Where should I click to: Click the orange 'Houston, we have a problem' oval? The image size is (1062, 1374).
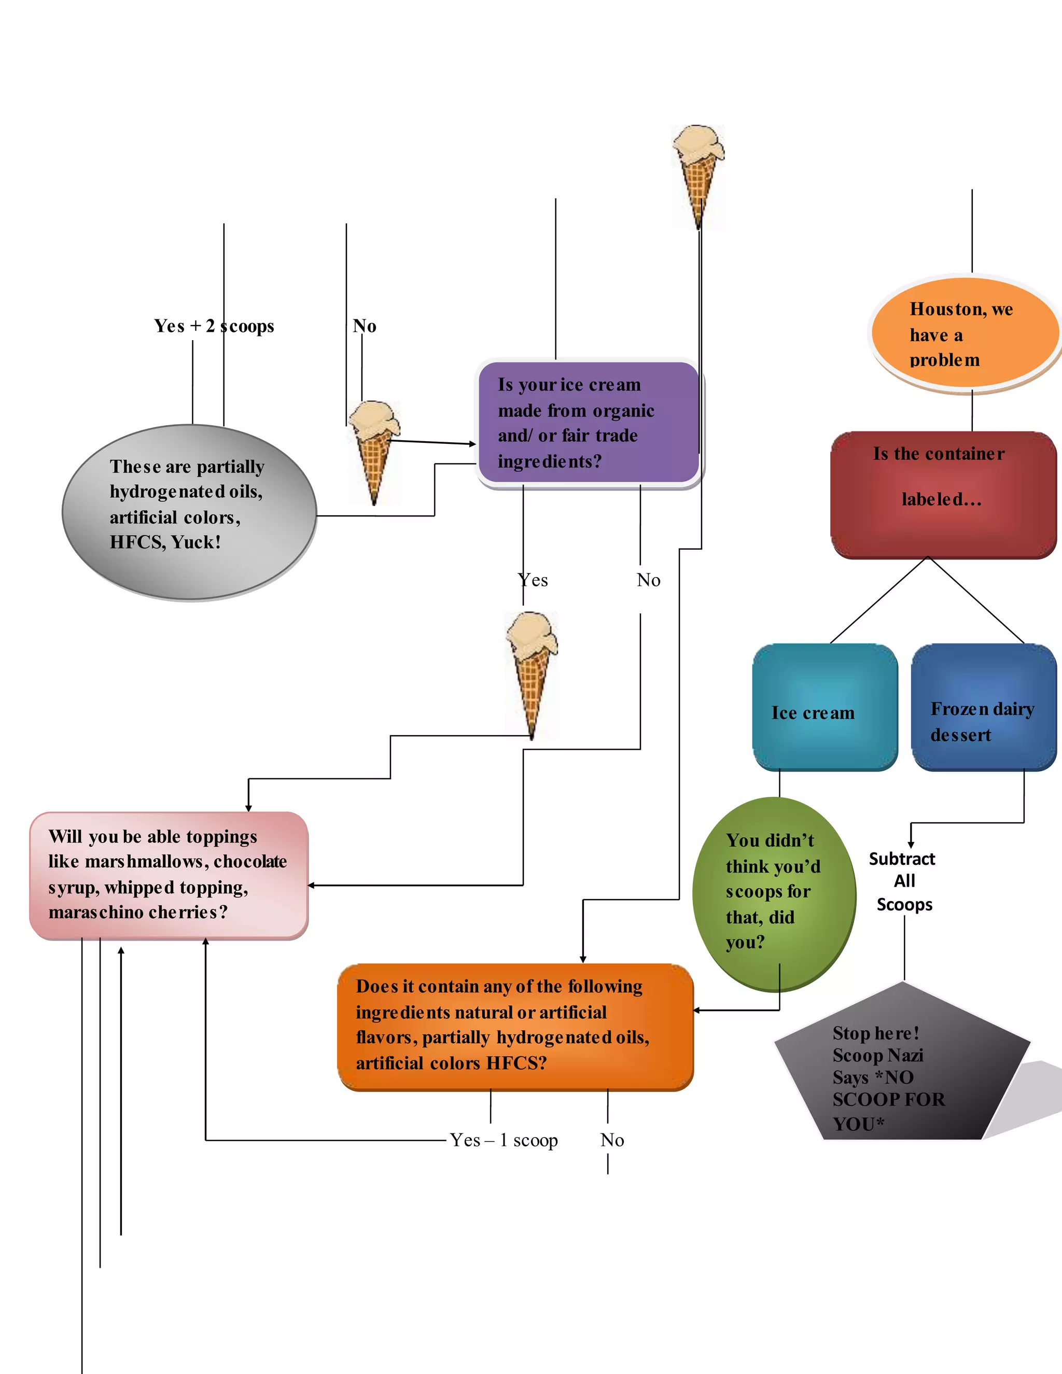964,333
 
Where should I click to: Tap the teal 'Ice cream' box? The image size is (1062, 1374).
824,707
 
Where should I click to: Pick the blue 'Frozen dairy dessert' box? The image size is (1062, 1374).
983,707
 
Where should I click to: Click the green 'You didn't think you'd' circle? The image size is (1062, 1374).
773,893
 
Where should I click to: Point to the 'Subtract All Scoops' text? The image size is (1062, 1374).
903,881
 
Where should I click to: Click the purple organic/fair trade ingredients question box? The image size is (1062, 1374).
588,422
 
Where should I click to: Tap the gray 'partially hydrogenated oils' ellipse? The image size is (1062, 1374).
189,512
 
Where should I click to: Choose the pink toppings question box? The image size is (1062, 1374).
169,875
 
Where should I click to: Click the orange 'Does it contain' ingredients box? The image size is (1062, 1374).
514,1026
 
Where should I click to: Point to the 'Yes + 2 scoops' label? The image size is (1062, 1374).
214,326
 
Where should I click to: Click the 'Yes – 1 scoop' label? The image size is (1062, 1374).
504,1140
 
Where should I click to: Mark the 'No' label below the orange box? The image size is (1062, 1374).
611,1140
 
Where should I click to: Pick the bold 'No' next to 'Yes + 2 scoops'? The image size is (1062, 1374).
364,326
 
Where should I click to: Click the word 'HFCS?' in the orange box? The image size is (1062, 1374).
516,1063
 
